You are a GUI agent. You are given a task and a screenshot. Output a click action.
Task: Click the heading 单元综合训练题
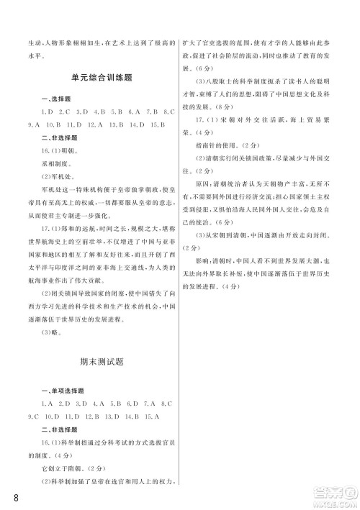[105, 78]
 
